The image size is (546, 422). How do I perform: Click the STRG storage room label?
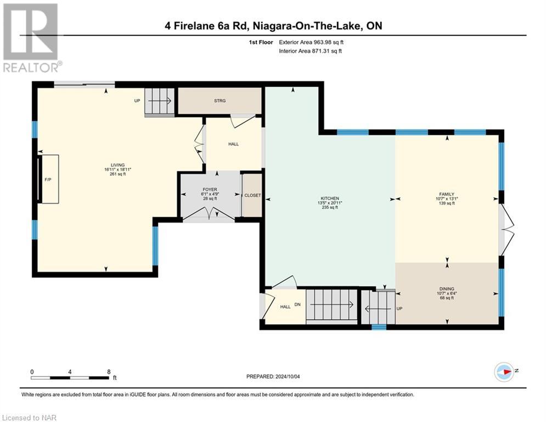[219, 101]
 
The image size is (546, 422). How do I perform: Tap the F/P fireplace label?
[48, 180]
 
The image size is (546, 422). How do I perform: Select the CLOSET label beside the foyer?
[252, 195]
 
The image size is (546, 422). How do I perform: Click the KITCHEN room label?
[330, 198]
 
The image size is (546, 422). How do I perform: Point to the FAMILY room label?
[447, 195]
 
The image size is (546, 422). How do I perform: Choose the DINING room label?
[447, 289]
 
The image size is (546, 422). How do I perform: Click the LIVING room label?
[117, 165]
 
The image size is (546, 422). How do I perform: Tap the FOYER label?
[210, 190]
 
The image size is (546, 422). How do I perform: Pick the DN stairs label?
[297, 304]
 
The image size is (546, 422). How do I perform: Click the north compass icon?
[504, 372]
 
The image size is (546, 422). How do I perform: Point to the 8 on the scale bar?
[109, 372]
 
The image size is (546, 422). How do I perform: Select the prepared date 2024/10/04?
[288, 376]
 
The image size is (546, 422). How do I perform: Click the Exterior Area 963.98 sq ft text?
[311, 42]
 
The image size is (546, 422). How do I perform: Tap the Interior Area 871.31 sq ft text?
[310, 51]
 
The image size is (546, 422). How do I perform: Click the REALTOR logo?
[32, 38]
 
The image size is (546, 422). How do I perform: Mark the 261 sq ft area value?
[117, 174]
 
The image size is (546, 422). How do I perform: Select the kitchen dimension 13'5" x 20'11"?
[330, 203]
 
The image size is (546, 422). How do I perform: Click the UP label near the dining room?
[399, 309]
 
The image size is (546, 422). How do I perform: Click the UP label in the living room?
[137, 101]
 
